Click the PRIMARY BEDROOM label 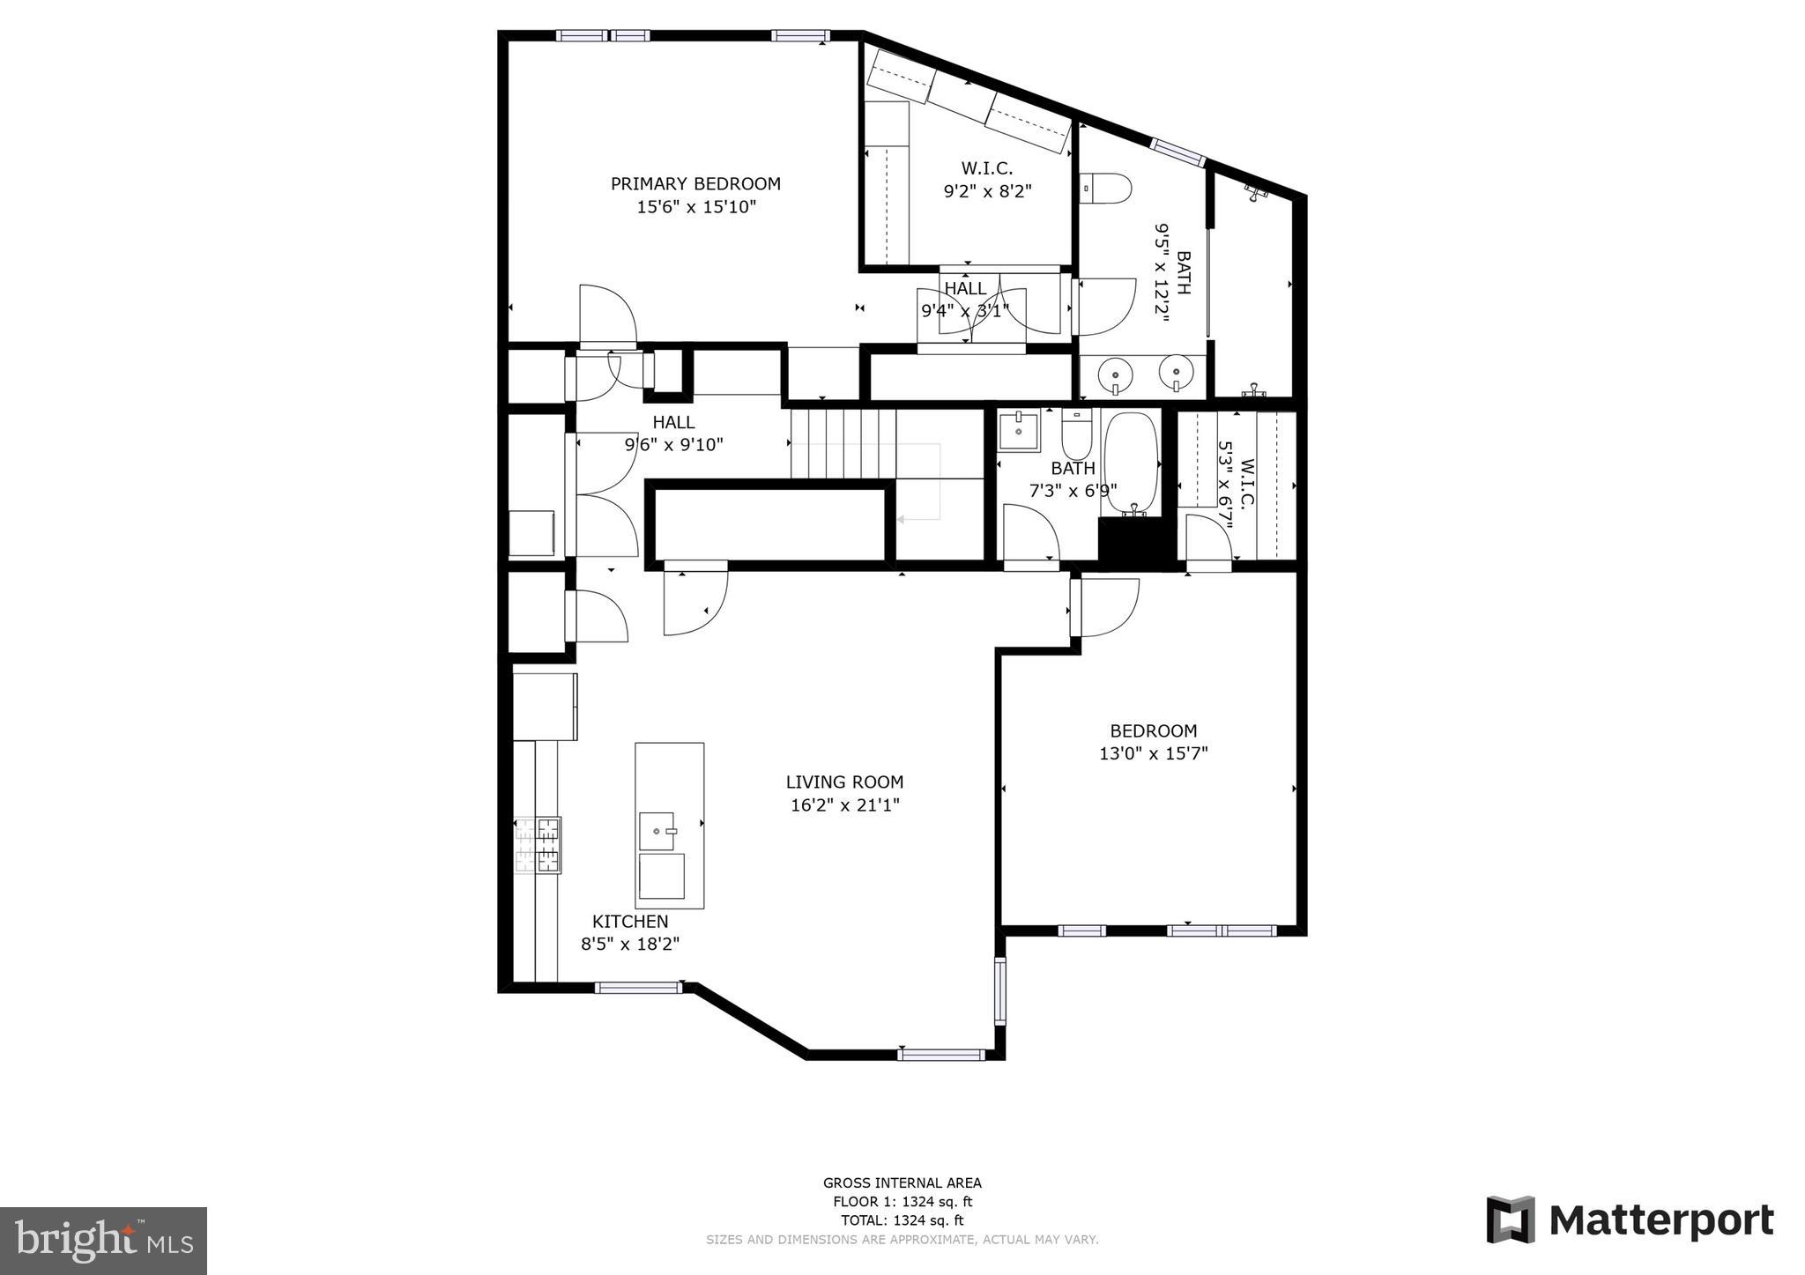pyautogui.click(x=695, y=184)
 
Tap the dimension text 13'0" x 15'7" pyautogui.click(x=1153, y=753)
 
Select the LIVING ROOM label pyautogui.click(x=844, y=782)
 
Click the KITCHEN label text pyautogui.click(x=629, y=922)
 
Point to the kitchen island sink pyautogui.click(x=659, y=829)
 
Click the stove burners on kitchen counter pyautogui.click(x=538, y=845)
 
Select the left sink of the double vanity pyautogui.click(x=1115, y=375)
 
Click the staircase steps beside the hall pyautogui.click(x=842, y=443)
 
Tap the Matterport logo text pyautogui.click(x=1660, y=1221)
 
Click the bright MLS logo pyautogui.click(x=103, y=1241)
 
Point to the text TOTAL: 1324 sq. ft pyautogui.click(x=902, y=1220)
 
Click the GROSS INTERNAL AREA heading pyautogui.click(x=902, y=1183)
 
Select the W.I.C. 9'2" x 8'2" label pyautogui.click(x=986, y=179)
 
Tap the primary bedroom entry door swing pyautogui.click(x=606, y=315)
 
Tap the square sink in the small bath pyautogui.click(x=1019, y=432)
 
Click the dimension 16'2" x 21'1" pyautogui.click(x=844, y=804)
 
